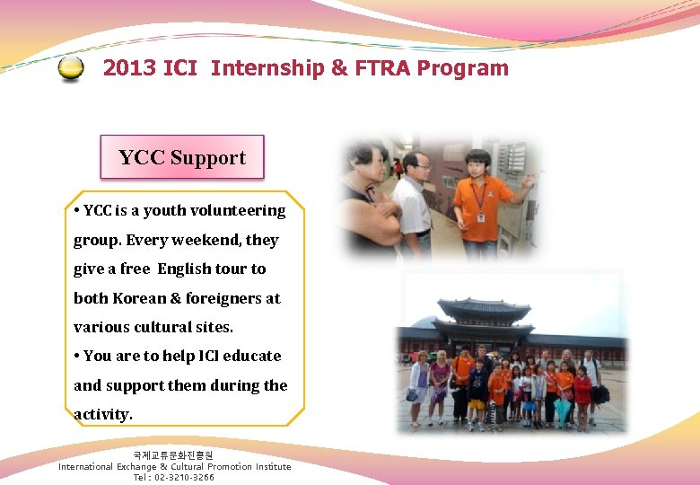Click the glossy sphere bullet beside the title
click(x=71, y=69)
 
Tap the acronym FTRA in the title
click(x=380, y=68)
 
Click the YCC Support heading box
click(x=182, y=157)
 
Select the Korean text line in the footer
click(x=173, y=455)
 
